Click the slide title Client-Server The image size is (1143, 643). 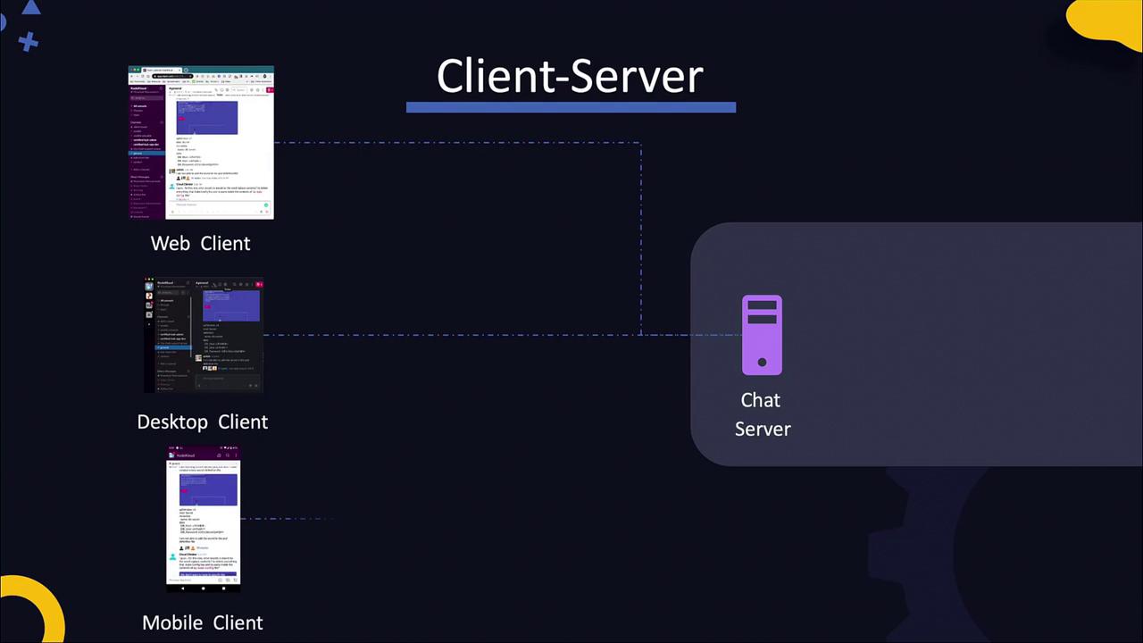[570, 76]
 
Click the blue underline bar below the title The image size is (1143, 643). [571, 107]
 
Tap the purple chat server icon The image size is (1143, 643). [762, 335]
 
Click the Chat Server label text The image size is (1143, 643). [762, 414]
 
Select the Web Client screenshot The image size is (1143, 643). [201, 142]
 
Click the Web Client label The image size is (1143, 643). [200, 243]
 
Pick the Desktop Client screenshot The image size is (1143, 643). [204, 336]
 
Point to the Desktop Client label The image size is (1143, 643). [202, 422]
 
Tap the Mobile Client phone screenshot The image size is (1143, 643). [203, 519]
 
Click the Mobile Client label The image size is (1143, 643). [202, 622]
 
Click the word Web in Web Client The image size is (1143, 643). [170, 243]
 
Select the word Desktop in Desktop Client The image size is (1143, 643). [172, 422]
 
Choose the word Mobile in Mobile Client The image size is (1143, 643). [171, 622]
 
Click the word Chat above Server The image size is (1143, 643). [760, 400]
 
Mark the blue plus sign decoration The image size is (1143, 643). [28, 41]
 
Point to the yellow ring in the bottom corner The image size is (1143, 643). [36, 607]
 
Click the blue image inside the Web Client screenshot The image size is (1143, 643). [206, 117]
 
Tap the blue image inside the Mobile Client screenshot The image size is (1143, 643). [208, 489]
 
